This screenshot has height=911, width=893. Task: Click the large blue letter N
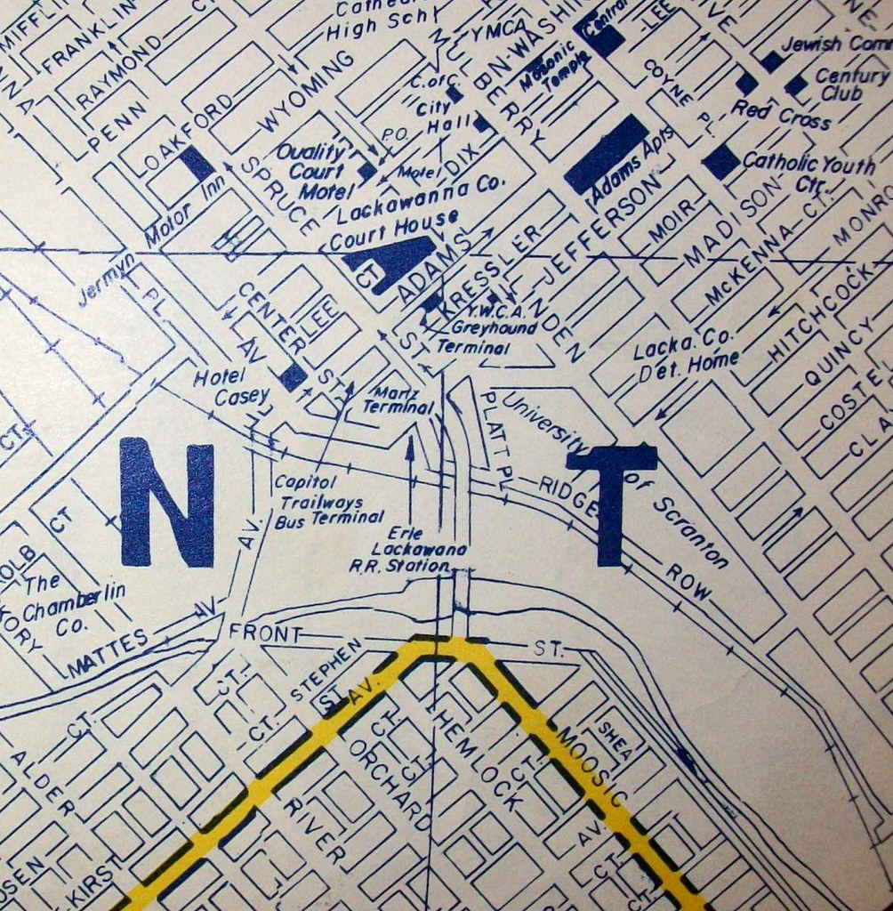pyautogui.click(x=167, y=502)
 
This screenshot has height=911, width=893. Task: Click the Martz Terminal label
pyautogui.click(x=398, y=399)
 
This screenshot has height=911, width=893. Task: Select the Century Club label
pyautogui.click(x=840, y=84)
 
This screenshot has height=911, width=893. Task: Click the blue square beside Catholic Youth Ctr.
pyautogui.click(x=720, y=161)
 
